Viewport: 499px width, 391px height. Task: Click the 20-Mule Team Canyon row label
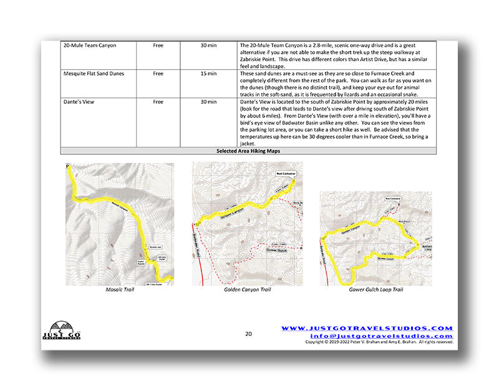pyautogui.click(x=90, y=46)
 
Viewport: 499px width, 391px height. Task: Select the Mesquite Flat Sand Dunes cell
pyautogui.click(x=94, y=74)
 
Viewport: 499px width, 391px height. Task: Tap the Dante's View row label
pyautogui.click(x=79, y=101)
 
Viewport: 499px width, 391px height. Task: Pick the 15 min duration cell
pyautogui.click(x=208, y=74)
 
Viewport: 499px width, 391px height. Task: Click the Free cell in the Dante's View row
pyautogui.click(x=158, y=101)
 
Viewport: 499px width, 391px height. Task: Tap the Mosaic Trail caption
pyautogui.click(x=119, y=290)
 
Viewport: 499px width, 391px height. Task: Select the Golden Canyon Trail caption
pyautogui.click(x=247, y=290)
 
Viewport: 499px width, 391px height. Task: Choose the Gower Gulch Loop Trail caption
pyautogui.click(x=375, y=290)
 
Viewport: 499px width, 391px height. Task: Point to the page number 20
pyautogui.click(x=248, y=334)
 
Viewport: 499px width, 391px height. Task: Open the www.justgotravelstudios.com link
pyautogui.click(x=366, y=328)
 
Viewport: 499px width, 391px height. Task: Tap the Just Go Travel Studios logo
pyautogui.click(x=61, y=330)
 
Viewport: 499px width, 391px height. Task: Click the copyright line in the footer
pyautogui.click(x=379, y=342)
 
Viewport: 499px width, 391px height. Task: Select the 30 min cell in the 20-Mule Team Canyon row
pyautogui.click(x=208, y=46)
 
